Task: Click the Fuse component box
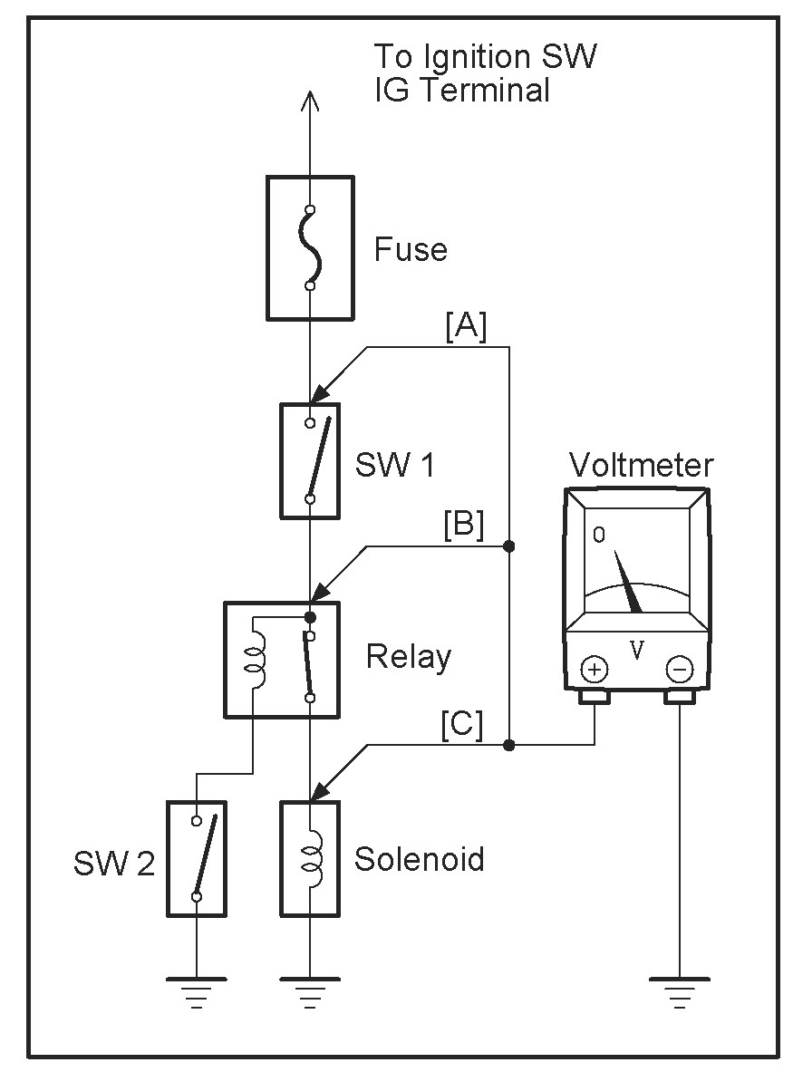click(310, 248)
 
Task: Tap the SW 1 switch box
click(310, 461)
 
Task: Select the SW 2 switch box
click(196, 859)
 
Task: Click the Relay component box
click(282, 660)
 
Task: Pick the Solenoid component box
click(310, 859)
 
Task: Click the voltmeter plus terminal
click(594, 670)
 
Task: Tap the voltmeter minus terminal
click(679, 670)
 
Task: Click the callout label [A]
click(466, 326)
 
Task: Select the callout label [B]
click(464, 525)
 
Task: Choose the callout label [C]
click(462, 724)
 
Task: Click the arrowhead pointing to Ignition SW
click(310, 101)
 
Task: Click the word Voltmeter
click(642, 465)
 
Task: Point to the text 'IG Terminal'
click(462, 91)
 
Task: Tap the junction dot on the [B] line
click(508, 546)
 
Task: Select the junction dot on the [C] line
click(508, 745)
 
